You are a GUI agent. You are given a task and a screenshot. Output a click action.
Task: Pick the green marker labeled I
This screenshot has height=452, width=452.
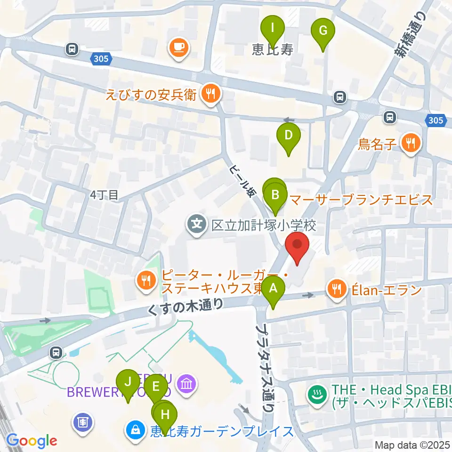(273, 30)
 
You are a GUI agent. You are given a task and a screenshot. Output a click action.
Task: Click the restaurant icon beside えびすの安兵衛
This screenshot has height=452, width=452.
(209, 94)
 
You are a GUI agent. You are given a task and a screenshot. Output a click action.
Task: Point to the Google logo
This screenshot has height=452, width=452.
(32, 441)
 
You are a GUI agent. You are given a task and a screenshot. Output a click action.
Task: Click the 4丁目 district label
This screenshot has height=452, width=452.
(105, 194)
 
